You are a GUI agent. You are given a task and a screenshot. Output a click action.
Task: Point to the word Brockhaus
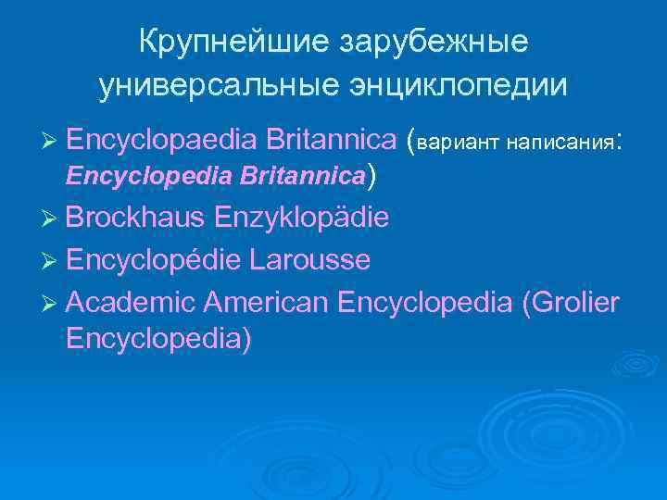tap(136, 219)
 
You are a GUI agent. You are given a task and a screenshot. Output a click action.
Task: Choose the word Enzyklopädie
tap(302, 219)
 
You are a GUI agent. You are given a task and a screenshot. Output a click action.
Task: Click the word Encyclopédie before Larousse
tap(154, 261)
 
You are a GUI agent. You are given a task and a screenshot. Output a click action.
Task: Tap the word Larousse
tap(311, 260)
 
